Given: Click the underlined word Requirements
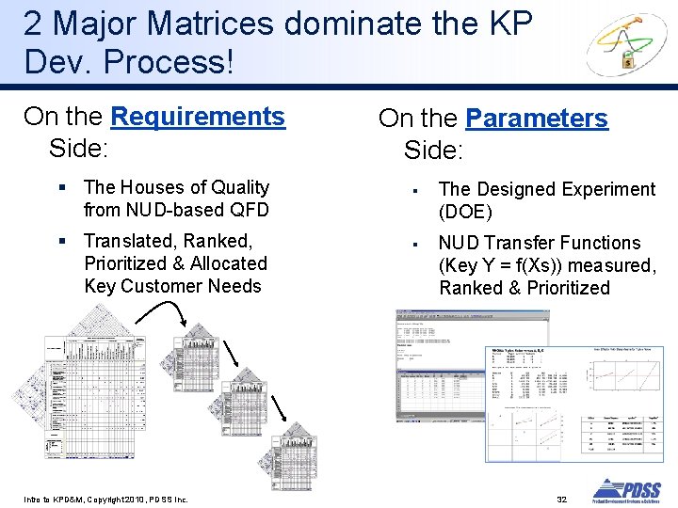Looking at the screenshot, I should (197, 117).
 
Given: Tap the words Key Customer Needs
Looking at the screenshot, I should (172, 286).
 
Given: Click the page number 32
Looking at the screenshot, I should (561, 498).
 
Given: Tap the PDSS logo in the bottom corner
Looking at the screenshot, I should (626, 491).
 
